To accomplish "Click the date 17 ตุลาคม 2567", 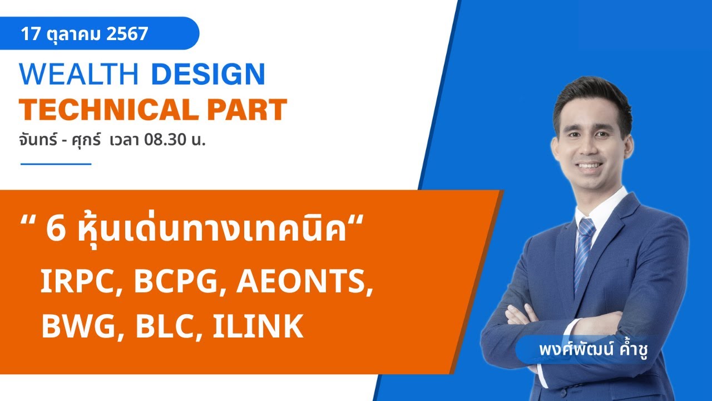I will [85, 34].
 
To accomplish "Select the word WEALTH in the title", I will [78, 75].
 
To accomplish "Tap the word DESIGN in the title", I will [208, 75].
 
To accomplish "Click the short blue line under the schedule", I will [56, 164].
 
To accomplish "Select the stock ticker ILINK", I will [258, 326].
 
